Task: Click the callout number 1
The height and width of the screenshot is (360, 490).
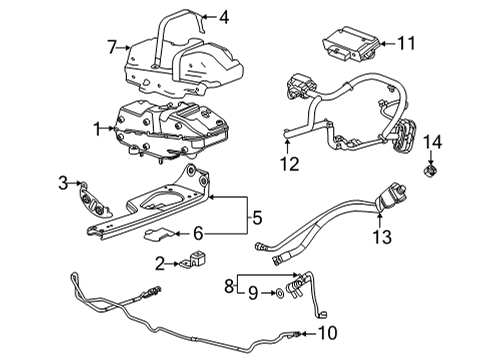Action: (x=98, y=129)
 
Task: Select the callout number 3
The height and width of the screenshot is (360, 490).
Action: (x=62, y=182)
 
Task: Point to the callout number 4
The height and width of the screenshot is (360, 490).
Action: (x=224, y=16)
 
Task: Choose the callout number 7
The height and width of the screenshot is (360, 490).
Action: (x=114, y=46)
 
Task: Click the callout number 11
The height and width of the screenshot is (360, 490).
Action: (x=405, y=44)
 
